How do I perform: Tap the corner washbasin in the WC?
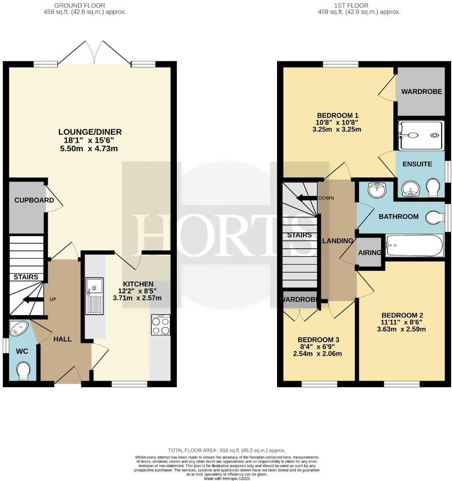[x=19, y=329]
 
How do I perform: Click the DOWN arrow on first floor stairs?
[x=306, y=198]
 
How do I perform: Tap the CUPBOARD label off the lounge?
[x=28, y=200]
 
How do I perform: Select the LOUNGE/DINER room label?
[x=90, y=133]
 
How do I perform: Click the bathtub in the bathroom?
[x=414, y=246]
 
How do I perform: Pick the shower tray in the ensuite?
[x=420, y=135]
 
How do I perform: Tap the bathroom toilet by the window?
[x=435, y=218]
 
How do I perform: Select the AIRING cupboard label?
[x=370, y=252]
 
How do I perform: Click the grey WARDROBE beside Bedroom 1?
[x=421, y=92]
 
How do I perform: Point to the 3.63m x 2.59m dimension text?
[x=401, y=329]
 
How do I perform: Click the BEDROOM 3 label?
[x=318, y=340]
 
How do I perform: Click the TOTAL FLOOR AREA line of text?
[x=226, y=450]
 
